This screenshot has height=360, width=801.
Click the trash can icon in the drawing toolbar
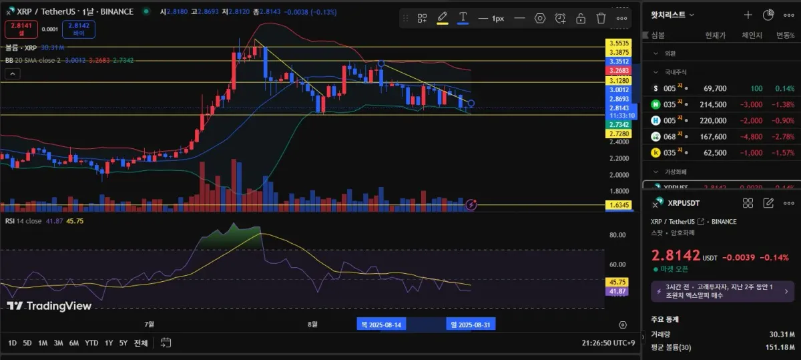pyautogui.click(x=601, y=18)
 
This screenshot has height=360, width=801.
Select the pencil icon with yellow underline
pyautogui.click(x=442, y=18)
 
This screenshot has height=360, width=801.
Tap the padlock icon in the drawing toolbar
pyautogui.click(x=581, y=18)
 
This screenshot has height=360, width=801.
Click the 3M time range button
pyautogui.click(x=58, y=343)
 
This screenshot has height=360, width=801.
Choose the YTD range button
pyautogui.click(x=91, y=343)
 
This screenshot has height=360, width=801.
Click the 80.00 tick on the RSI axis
pyautogui.click(x=617, y=235)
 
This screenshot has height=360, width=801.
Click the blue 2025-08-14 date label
pyautogui.click(x=382, y=325)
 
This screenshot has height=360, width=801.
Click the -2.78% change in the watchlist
pyautogui.click(x=780, y=136)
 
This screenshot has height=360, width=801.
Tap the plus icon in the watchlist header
pyautogui.click(x=748, y=15)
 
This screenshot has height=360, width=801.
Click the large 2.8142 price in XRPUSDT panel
pyautogui.click(x=676, y=256)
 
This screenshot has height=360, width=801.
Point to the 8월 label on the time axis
pyautogui.click(x=312, y=325)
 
